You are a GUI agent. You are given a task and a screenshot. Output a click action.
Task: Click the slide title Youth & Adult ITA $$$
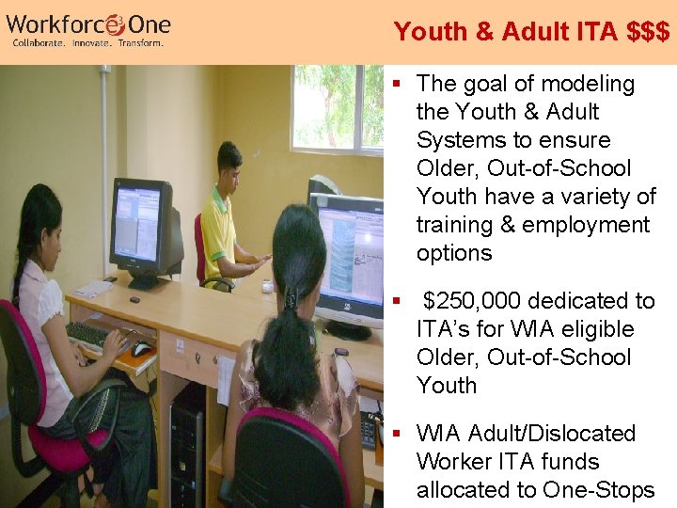(532, 32)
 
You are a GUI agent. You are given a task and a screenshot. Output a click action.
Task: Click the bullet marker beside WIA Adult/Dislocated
(399, 434)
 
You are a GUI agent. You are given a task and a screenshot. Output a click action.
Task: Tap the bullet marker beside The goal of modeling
(399, 84)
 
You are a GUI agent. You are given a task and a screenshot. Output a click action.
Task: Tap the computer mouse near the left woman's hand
(142, 349)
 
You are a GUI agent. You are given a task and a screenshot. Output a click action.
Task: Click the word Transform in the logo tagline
(141, 43)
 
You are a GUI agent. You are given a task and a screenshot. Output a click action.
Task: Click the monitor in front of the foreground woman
(348, 259)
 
